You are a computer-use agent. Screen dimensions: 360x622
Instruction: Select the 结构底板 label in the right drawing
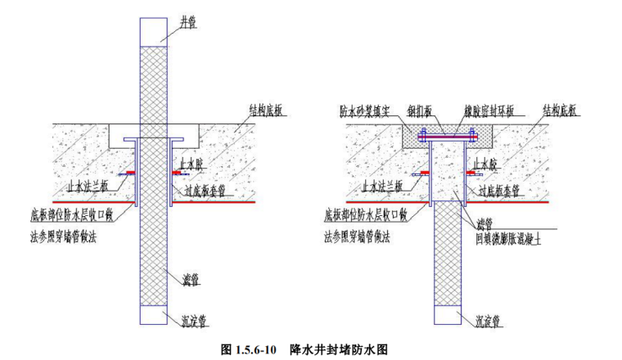[x=560, y=107]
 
